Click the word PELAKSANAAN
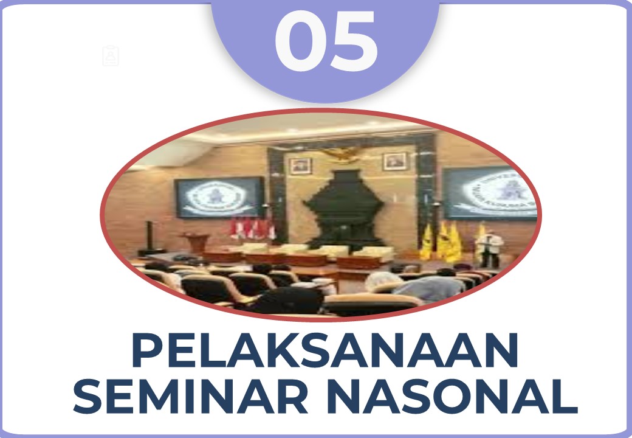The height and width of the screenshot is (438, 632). (325, 350)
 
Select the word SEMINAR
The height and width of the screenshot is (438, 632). (190, 396)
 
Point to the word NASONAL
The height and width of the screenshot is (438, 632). (452, 396)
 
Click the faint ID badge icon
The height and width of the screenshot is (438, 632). (111, 55)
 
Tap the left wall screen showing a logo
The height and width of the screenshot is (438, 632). (219, 197)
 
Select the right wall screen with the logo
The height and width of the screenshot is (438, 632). (490, 193)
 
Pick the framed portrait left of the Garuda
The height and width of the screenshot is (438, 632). (301, 165)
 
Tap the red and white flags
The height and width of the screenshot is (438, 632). (253, 229)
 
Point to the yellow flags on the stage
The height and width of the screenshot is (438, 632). (447, 240)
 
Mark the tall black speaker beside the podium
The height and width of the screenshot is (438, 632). (149, 237)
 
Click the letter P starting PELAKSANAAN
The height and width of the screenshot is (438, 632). (145, 350)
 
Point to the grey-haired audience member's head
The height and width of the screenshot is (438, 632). (383, 279)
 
